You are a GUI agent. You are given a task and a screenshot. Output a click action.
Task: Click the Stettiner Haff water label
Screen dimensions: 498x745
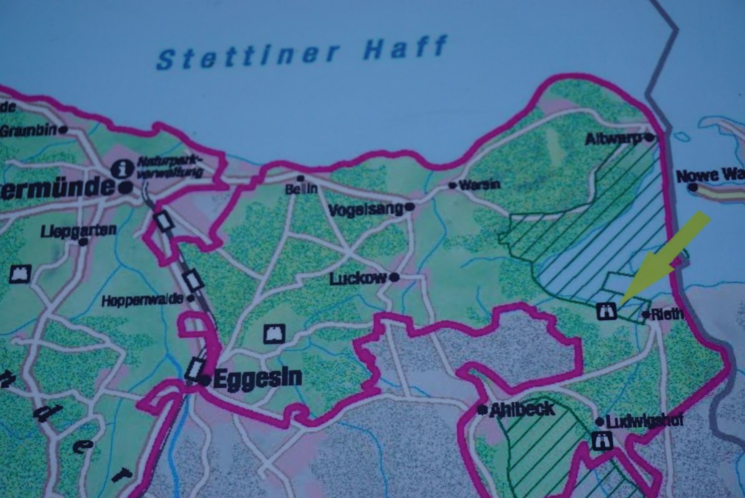coord(302,52)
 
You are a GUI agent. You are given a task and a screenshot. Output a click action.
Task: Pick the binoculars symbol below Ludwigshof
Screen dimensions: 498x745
coord(602,441)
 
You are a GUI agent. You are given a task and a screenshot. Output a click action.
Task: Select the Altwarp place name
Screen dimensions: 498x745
coord(612,139)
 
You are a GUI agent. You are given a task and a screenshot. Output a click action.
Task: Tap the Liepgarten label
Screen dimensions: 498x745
coord(78,230)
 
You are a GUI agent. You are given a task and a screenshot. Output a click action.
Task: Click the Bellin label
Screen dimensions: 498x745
coord(301,189)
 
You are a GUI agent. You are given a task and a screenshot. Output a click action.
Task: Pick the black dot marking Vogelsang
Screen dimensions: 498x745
coord(410,207)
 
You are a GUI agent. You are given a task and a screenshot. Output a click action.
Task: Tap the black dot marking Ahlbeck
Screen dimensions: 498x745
coord(482,410)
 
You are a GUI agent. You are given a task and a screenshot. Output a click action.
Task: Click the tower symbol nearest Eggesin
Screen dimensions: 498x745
coord(274,334)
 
